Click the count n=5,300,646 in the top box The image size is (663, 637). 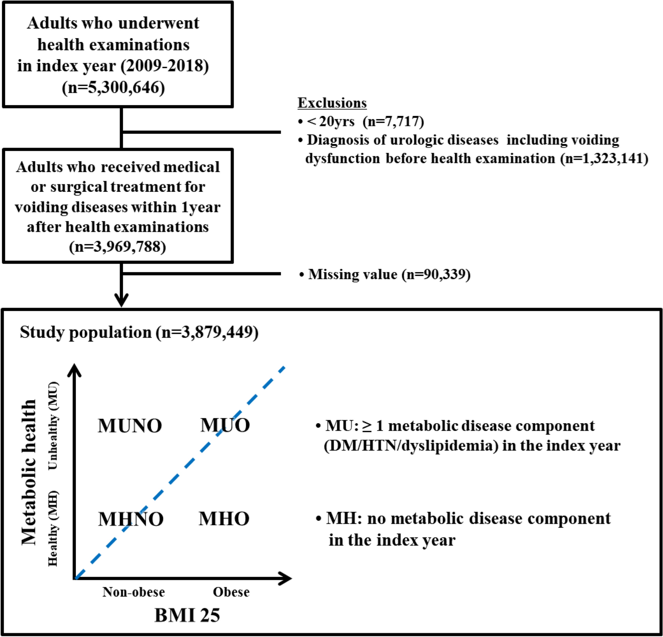[113, 87]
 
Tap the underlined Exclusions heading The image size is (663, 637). [332, 103]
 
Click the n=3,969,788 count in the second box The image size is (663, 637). [117, 247]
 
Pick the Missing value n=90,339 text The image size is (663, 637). [385, 274]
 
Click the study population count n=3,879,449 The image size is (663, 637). [207, 332]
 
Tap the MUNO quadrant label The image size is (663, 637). [130, 426]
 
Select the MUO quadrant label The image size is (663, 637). [225, 425]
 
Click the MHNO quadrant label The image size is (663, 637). [131, 519]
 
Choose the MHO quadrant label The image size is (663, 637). [224, 518]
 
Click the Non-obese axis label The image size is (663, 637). [133, 592]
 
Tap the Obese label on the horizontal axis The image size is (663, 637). [231, 592]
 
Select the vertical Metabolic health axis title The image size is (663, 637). [29, 473]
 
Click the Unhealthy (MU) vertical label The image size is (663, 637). [53, 425]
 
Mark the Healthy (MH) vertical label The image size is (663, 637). [53, 528]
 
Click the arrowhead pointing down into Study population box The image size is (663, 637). [121, 300]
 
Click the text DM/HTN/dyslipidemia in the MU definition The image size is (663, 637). [411, 446]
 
